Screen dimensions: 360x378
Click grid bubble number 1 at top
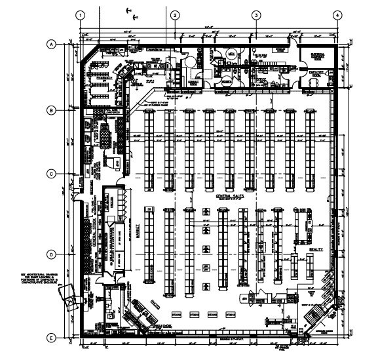[x=81, y=14]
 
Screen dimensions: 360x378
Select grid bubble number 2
[x=175, y=14]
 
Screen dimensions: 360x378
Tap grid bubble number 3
[x=256, y=14]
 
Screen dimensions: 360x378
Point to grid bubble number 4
[x=337, y=14]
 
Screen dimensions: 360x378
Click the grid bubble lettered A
[x=50, y=45]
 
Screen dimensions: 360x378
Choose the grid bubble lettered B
[x=50, y=111]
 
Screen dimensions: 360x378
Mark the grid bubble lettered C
[x=50, y=174]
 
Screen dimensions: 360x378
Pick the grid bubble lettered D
[x=50, y=254]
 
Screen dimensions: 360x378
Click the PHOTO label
[x=156, y=304]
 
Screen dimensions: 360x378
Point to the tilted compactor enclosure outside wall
[x=67, y=298]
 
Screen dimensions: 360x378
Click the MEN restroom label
[x=231, y=53]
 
